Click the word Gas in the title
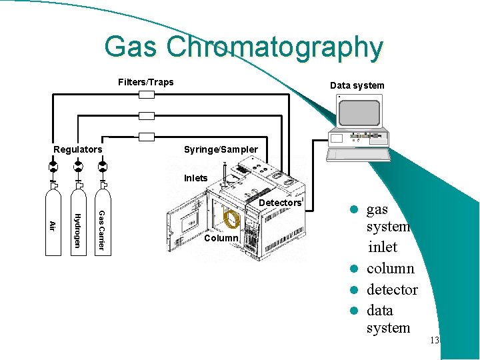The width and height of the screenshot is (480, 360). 131,48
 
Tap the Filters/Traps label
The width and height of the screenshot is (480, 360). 145,82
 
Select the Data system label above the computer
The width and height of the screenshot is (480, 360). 357,85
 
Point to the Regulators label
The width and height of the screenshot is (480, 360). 78,149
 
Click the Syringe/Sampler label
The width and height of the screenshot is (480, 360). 221,149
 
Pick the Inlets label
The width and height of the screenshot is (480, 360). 196,178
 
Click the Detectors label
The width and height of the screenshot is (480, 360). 280,203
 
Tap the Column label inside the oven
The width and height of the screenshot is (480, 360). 221,238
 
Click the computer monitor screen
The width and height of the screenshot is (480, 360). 359,113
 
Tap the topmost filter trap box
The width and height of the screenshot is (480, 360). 147,95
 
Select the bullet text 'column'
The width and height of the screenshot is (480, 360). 390,269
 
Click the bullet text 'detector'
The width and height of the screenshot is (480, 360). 392,290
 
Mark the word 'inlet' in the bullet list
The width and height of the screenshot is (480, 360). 382,247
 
